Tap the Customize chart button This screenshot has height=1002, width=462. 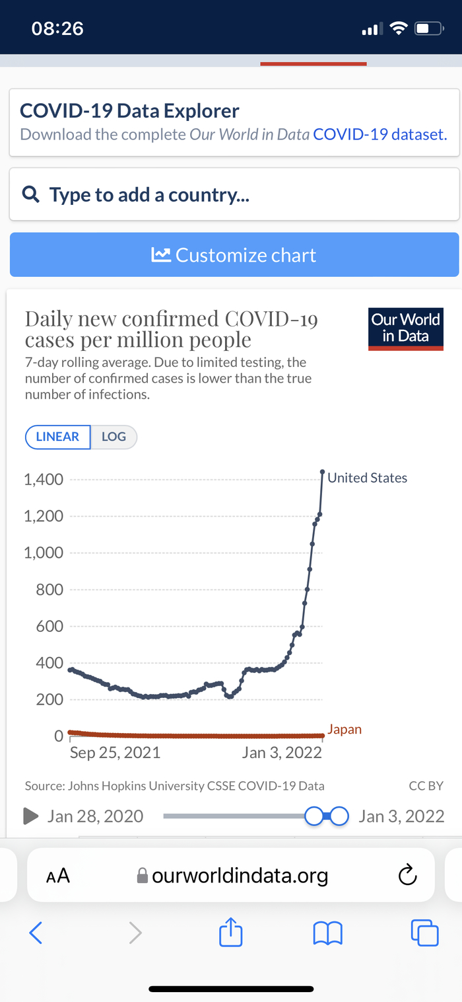tap(234, 255)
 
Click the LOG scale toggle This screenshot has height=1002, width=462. tap(114, 437)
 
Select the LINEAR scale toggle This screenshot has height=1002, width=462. tap(57, 437)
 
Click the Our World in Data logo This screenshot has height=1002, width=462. tap(405, 328)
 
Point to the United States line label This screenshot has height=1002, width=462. tap(367, 478)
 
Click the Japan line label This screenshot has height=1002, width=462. tap(345, 730)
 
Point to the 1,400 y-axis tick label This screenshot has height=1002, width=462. tap(44, 480)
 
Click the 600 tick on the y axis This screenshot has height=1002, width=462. tap(50, 627)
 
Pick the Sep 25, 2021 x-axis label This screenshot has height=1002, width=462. tap(115, 752)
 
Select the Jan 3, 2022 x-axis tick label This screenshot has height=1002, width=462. tap(282, 752)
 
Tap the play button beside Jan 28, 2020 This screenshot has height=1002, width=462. tap(30, 816)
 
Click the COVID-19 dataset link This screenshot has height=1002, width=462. tap(380, 134)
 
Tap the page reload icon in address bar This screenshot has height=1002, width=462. tap(408, 876)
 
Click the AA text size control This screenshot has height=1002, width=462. tap(58, 876)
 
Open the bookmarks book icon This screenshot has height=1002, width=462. tap(328, 933)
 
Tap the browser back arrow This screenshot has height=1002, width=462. tap(36, 933)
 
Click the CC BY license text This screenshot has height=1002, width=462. tap(426, 786)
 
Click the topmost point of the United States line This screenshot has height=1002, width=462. tap(322, 472)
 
